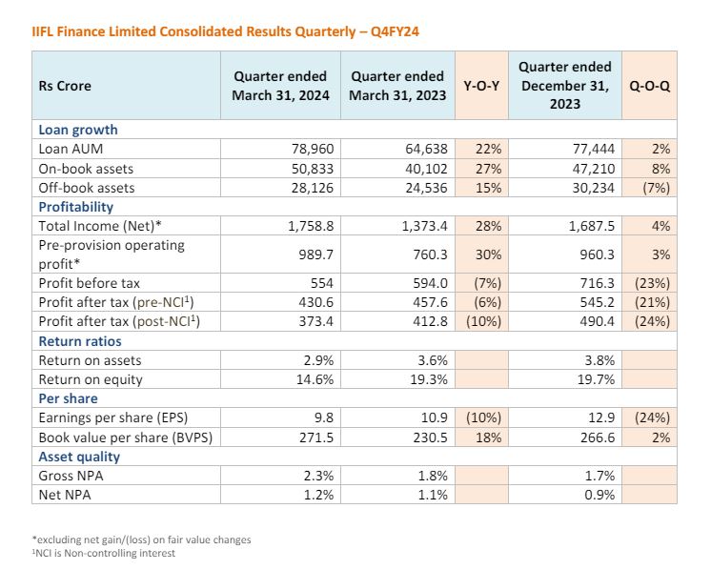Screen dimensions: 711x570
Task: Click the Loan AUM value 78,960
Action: [313, 149]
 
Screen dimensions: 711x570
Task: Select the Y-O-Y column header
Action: [481, 86]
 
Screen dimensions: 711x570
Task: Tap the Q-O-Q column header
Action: [649, 86]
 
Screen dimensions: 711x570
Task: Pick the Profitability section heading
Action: [75, 207]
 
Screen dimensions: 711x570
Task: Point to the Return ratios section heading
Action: [80, 341]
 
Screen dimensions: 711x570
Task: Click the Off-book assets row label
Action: [87, 188]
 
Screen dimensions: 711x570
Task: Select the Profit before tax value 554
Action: [322, 283]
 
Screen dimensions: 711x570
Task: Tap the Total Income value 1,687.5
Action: [592, 226]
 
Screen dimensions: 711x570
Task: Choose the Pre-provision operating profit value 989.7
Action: [316, 254]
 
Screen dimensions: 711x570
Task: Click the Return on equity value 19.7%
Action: [596, 379]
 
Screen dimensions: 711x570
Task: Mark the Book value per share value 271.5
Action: [316, 438]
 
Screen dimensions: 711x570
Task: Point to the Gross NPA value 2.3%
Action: [318, 476]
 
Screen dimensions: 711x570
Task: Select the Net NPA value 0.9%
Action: [599, 495]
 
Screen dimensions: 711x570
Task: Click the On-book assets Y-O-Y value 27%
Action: [488, 169]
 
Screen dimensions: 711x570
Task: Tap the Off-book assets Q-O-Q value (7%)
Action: [656, 188]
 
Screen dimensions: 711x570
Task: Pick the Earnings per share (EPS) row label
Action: [112, 417]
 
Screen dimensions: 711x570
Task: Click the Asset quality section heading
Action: [79, 457]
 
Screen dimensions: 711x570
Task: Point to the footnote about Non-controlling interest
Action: [103, 553]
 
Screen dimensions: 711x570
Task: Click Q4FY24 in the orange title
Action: [395, 31]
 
